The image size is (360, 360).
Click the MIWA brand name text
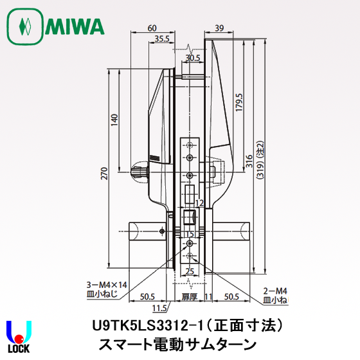75,27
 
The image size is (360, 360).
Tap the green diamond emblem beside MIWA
24,27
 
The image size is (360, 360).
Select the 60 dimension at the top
152,28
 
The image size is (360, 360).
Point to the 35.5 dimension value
163,39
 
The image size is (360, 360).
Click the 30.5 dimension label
192,57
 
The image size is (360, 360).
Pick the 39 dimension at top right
219,28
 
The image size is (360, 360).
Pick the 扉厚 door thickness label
188,296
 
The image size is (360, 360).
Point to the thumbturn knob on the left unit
138,172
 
